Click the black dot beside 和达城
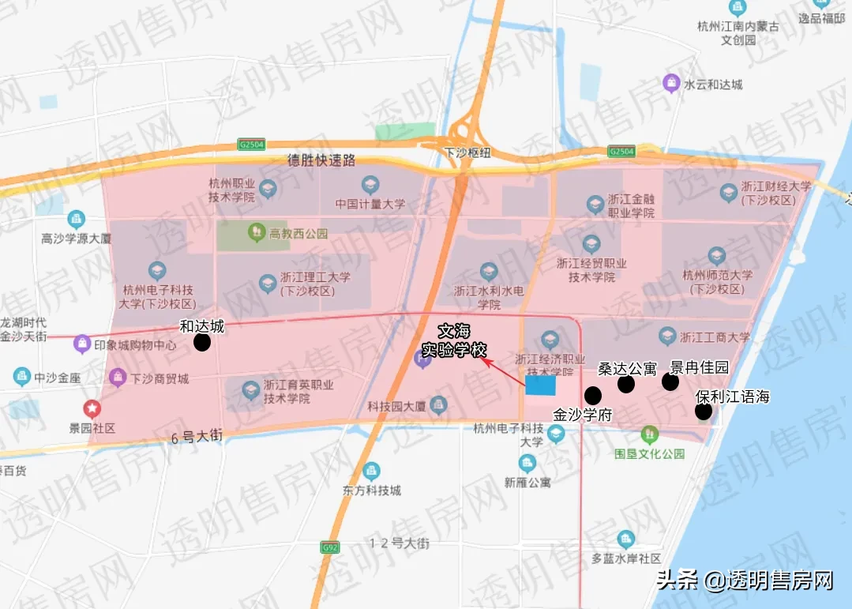[202, 343]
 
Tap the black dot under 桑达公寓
[626, 385]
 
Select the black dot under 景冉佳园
[670, 382]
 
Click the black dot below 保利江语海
[703, 412]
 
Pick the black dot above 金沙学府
[592, 396]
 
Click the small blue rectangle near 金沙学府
[541, 385]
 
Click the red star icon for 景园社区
[93, 408]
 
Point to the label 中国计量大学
[370, 204]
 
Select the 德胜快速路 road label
[321, 160]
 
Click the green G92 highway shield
[330, 547]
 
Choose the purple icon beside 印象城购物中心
[81, 344]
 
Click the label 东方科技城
[372, 490]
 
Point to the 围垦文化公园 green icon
[649, 434]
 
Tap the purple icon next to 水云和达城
[671, 83]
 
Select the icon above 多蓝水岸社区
[626, 539]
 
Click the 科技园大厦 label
[396, 407]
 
